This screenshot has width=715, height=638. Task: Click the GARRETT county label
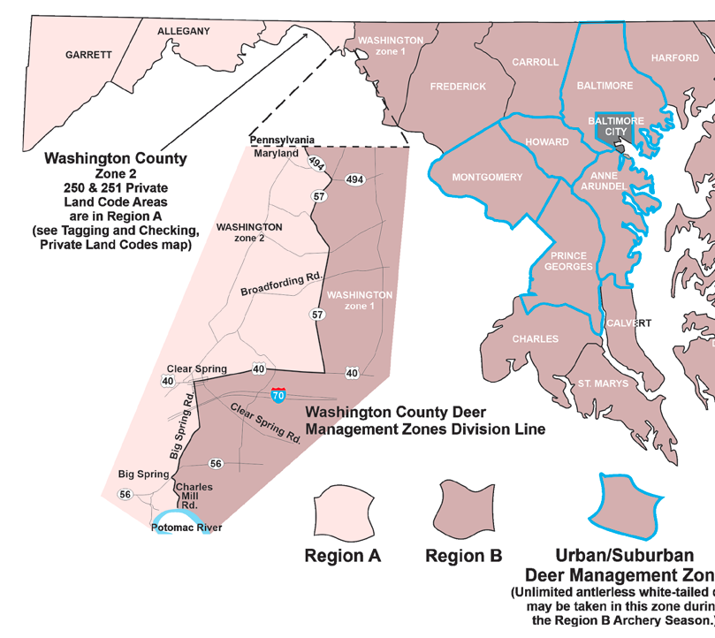[88, 55]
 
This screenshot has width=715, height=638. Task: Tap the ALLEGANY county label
[183, 31]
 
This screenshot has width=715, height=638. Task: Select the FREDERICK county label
[458, 87]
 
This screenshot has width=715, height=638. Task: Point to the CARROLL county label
[536, 62]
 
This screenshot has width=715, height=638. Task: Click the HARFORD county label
[675, 58]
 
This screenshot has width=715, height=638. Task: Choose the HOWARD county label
[547, 142]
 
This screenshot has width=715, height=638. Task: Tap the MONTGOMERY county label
[487, 178]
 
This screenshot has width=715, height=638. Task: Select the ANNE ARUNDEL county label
[604, 180]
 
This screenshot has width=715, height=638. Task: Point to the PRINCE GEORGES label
[569, 262]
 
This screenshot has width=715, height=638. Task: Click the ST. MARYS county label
[603, 384]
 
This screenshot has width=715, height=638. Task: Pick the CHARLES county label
[535, 338]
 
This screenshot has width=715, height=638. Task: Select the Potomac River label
[186, 528]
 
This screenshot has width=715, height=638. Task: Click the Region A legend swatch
[341, 512]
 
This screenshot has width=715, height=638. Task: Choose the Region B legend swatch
[465, 511]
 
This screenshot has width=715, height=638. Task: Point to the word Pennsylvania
[282, 140]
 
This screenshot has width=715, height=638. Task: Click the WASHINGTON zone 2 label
[248, 232]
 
